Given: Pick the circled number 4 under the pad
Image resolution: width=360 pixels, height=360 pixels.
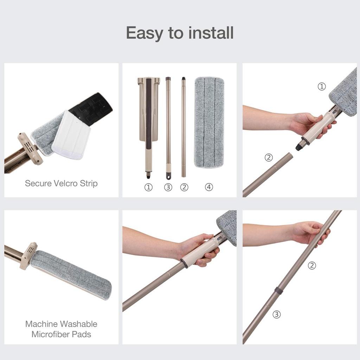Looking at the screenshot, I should (209, 187).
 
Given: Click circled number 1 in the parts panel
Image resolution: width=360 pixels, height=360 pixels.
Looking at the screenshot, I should (148, 187).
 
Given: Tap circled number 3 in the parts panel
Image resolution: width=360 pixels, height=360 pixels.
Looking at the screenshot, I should (168, 187).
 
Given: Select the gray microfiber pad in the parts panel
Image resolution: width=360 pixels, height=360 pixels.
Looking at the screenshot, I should (209, 122).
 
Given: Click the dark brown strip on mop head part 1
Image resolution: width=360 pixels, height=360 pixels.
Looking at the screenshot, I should (149, 109).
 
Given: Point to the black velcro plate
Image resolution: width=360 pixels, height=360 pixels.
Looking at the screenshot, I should (92, 108).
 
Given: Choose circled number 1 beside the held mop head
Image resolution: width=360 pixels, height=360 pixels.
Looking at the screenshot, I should (322, 87).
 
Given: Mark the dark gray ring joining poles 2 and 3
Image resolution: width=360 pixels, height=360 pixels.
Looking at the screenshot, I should (279, 291).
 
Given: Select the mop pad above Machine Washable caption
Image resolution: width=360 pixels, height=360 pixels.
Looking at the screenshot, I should (71, 274).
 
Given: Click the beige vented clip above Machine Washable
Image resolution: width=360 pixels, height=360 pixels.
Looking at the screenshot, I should (29, 256).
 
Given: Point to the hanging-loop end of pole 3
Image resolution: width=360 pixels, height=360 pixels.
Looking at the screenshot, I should (168, 175).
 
